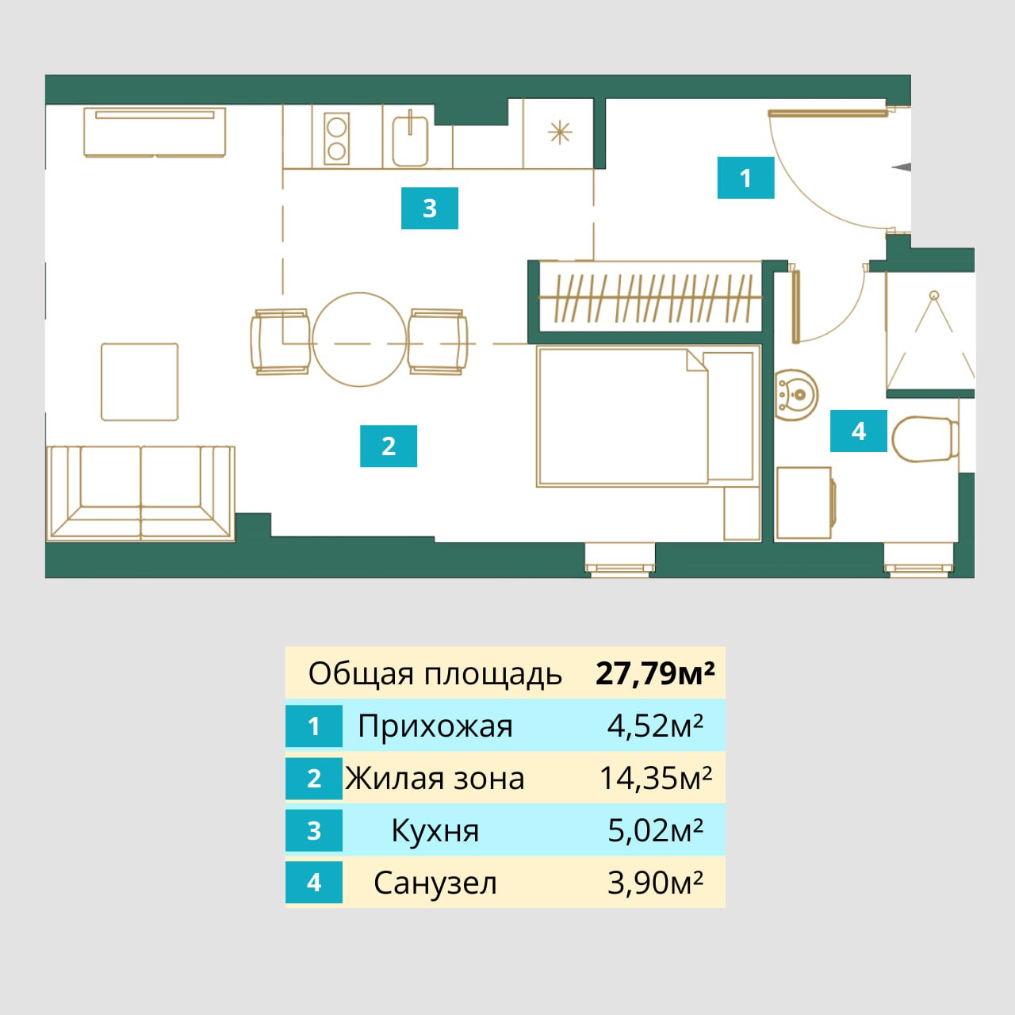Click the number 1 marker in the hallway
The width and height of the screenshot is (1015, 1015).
tap(745, 178)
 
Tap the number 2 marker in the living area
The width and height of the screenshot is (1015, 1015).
tap(389, 446)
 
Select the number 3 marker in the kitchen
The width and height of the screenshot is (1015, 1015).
tap(429, 208)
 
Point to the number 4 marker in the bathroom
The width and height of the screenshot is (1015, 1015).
tap(858, 431)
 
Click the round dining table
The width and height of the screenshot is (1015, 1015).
tap(359, 339)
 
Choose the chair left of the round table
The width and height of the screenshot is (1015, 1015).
tap(280, 342)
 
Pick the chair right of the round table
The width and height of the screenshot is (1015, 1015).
tap(437, 342)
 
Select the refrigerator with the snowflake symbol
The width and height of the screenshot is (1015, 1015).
tap(559, 132)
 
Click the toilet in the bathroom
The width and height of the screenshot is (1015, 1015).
tap(924, 439)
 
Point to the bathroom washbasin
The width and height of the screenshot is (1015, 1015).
tap(796, 394)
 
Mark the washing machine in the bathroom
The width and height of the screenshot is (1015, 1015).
tap(805, 503)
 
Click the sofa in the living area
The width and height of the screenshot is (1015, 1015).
tap(140, 493)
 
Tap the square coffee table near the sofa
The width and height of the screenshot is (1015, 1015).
tap(140, 381)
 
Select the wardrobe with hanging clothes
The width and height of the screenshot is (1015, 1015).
tap(650, 297)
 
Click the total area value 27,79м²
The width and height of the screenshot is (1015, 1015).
tap(655, 673)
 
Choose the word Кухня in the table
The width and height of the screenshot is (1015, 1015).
tap(435, 830)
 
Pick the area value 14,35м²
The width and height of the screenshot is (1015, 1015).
tap(655, 778)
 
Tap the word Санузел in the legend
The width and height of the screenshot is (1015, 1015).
tap(435, 883)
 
